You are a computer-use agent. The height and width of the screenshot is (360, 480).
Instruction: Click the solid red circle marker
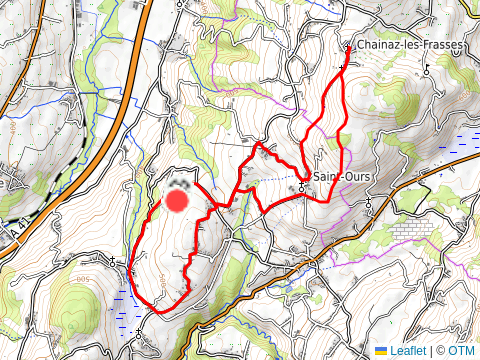[x=177, y=201]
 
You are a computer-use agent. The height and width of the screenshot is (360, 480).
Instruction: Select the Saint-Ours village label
[x=340, y=178]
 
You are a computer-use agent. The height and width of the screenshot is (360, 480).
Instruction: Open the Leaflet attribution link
[x=407, y=351]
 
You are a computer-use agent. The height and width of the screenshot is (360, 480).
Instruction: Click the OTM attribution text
[x=462, y=351]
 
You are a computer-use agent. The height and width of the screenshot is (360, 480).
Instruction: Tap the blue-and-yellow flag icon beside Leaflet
[x=381, y=351]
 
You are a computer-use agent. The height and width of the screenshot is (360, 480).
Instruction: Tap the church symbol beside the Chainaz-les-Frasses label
[x=348, y=47]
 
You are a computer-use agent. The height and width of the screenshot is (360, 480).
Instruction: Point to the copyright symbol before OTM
[x=441, y=351]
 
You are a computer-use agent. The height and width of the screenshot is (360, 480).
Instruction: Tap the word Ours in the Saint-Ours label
[x=353, y=178]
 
